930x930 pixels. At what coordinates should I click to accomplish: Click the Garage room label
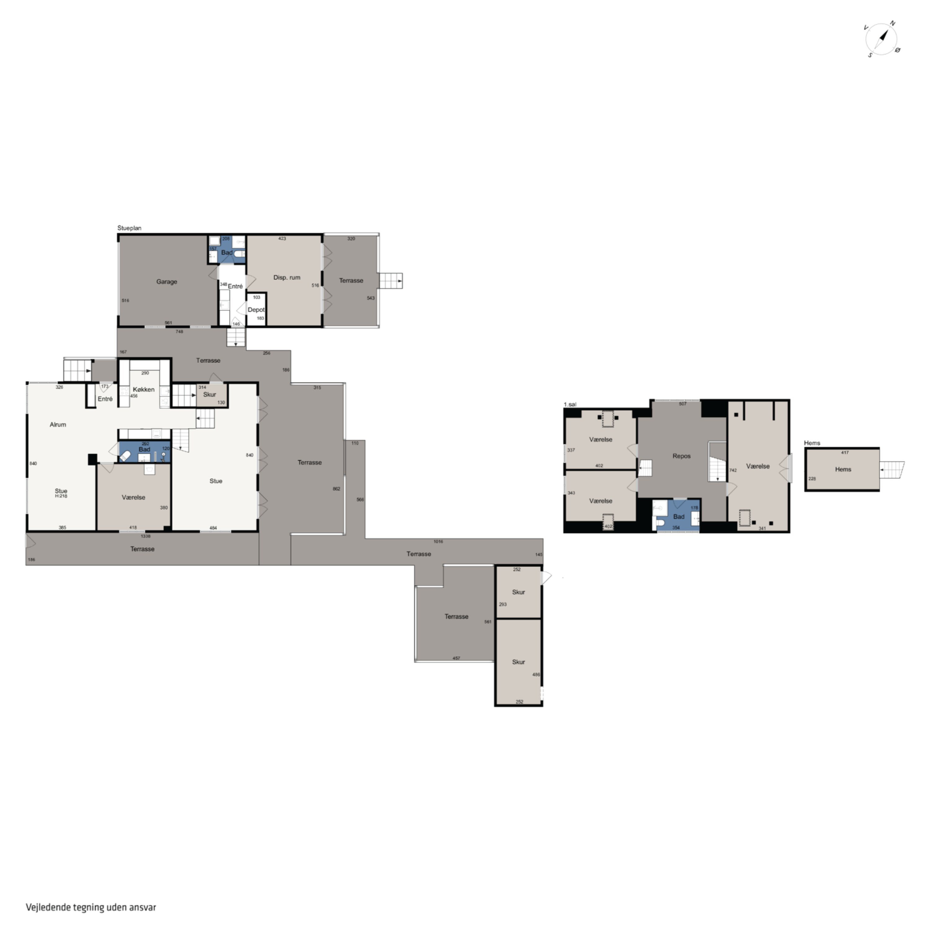tap(166, 281)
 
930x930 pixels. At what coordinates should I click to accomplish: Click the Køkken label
tap(144, 389)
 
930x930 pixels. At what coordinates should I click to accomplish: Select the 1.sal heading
tap(570, 404)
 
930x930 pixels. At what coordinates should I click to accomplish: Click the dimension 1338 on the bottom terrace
tap(145, 536)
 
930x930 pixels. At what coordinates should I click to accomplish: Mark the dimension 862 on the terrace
tap(336, 489)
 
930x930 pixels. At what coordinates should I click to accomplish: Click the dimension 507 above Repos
tap(683, 404)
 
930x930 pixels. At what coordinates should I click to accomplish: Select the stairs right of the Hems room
tap(892, 469)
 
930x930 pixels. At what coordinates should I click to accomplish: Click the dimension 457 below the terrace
tap(456, 658)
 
